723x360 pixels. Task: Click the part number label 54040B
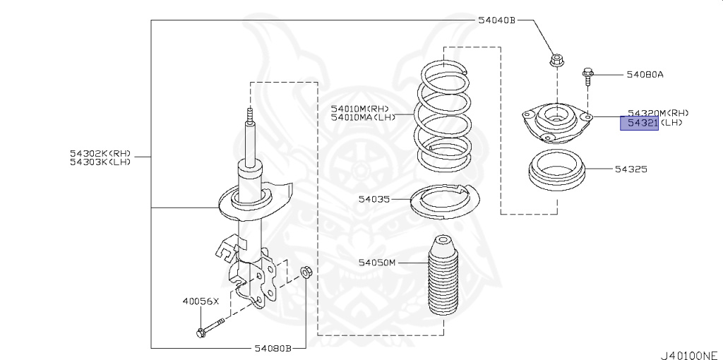click(497, 20)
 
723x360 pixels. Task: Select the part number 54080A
click(645, 73)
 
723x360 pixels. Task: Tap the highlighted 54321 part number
click(639, 124)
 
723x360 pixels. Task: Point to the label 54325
click(631, 170)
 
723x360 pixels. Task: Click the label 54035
click(374, 200)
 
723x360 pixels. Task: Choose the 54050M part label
click(377, 263)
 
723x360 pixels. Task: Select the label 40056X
click(201, 301)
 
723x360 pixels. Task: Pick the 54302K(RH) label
click(100, 152)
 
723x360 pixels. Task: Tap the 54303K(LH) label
click(100, 162)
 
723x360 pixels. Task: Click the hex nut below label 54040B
click(556, 61)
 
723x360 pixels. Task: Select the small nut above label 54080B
click(305, 270)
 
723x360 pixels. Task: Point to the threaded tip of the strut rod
click(249, 114)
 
